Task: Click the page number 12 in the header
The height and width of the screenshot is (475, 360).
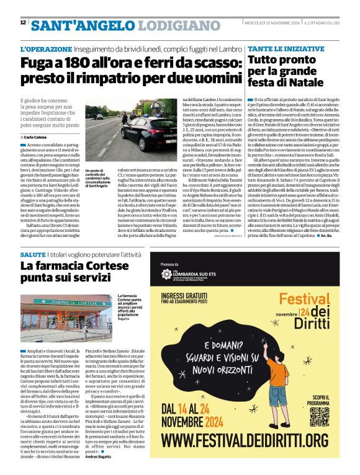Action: tap(23, 22)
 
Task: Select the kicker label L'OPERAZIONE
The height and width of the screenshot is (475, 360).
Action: tap(45, 48)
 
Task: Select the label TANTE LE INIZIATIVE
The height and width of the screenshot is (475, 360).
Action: tap(277, 48)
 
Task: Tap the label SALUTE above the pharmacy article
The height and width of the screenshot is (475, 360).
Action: tap(32, 255)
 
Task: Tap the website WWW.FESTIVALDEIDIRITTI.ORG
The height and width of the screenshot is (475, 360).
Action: tap(252, 457)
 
